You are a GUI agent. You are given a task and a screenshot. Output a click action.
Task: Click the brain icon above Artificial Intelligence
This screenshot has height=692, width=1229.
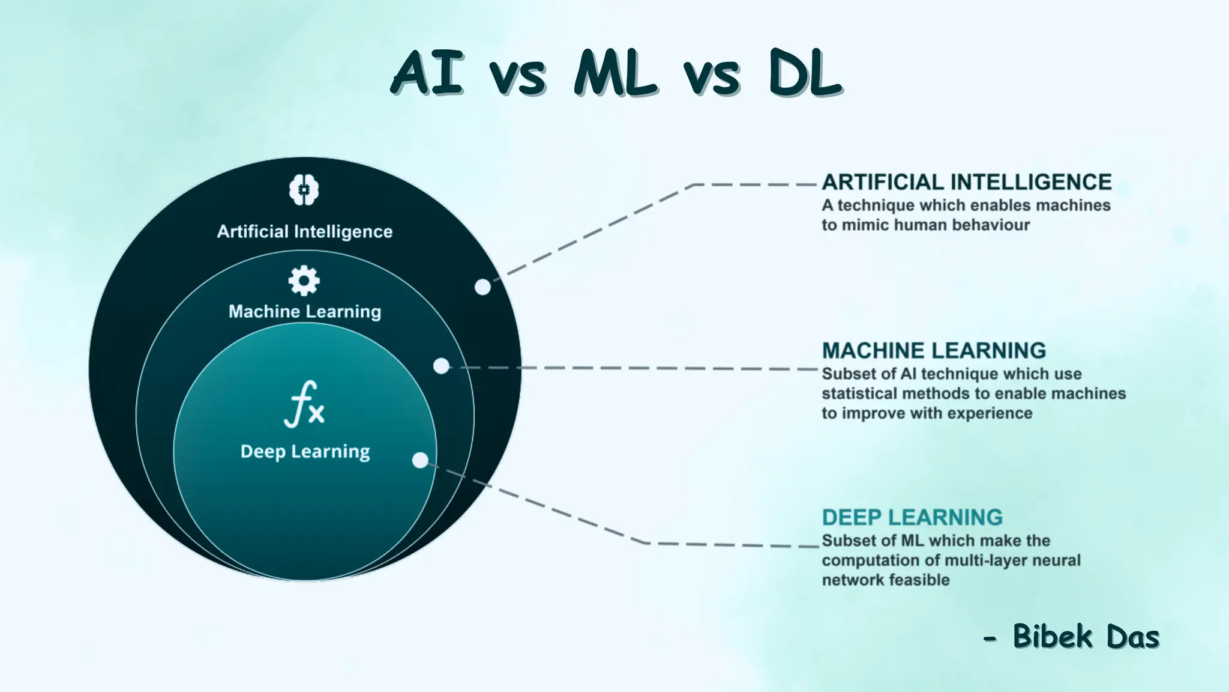304,190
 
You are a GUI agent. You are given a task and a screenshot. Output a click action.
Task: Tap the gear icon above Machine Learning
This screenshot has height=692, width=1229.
304,281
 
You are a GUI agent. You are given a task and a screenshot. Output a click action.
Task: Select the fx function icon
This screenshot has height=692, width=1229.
304,404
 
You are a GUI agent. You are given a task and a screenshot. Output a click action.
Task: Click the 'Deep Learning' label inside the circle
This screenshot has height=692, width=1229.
305,452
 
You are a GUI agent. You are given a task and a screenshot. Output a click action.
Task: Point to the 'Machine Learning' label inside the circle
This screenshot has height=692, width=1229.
305,311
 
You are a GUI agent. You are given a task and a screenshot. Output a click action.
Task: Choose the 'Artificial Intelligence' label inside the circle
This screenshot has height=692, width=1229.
305,231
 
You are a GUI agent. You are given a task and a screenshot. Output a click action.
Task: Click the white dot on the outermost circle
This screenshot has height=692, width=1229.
482,287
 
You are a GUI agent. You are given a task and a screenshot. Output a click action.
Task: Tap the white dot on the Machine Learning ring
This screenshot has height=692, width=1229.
441,366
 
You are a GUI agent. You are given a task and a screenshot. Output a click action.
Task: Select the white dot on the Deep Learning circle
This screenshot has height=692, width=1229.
420,461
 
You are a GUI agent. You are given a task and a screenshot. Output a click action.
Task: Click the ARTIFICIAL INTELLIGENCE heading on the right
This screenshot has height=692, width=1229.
967,182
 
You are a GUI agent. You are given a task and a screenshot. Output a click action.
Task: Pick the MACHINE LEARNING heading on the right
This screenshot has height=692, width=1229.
934,350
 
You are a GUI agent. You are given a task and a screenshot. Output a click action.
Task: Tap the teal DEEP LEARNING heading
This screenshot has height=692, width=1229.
912,517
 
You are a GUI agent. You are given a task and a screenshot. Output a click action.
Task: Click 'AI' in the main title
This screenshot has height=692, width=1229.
428,73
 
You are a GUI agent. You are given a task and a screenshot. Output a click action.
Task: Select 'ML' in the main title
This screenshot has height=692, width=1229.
614,73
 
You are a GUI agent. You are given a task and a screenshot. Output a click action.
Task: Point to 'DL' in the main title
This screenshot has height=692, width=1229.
805,73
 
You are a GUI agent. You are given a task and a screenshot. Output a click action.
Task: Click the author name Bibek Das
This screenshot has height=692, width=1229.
1086,637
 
